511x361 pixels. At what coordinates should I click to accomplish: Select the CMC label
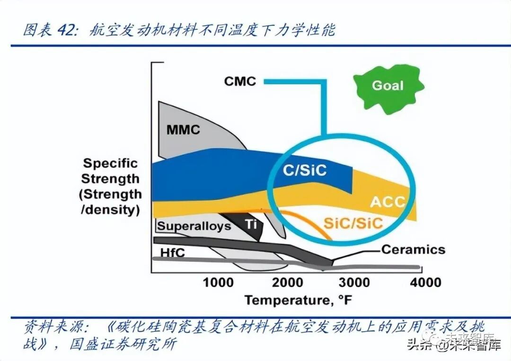click(240, 81)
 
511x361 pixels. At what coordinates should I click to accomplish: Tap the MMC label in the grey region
click(184, 129)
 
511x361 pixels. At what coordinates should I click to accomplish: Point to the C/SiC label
click(305, 170)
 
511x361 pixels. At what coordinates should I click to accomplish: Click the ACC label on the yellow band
click(388, 202)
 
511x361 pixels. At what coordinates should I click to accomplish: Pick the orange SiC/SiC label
click(353, 223)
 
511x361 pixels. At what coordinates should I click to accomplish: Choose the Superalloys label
click(194, 225)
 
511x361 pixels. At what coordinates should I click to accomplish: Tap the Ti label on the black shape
click(251, 223)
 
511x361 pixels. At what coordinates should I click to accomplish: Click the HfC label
click(172, 253)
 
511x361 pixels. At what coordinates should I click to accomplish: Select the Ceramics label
click(413, 249)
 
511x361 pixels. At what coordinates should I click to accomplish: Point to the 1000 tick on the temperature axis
click(218, 283)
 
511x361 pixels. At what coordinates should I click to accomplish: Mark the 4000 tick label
click(425, 283)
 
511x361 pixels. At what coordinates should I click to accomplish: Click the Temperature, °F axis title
click(299, 300)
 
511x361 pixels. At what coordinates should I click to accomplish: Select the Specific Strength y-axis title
click(111, 187)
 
